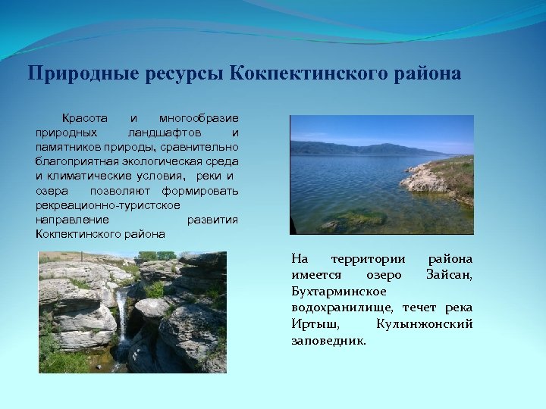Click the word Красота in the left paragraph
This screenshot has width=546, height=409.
[x=84, y=119]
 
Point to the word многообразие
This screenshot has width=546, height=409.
[x=199, y=119]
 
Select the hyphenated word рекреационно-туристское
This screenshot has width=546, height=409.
[x=108, y=204]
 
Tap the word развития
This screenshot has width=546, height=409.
[x=212, y=219]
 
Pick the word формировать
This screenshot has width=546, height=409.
[x=199, y=190]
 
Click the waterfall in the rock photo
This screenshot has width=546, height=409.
[x=121, y=318]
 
